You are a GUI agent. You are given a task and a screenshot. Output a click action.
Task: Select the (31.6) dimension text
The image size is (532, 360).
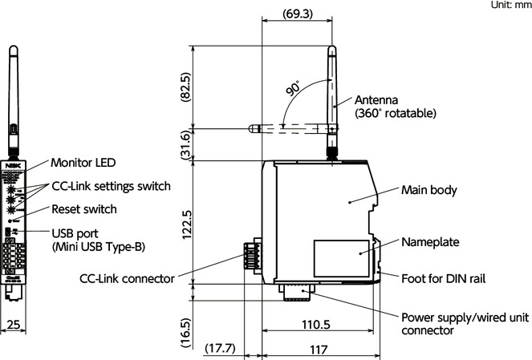pyautogui.click(x=185, y=144)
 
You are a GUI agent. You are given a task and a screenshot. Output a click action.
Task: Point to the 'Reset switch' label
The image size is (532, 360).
pyautogui.click(x=84, y=209)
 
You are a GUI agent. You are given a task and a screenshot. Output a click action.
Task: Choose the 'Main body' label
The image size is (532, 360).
pyautogui.click(x=428, y=190)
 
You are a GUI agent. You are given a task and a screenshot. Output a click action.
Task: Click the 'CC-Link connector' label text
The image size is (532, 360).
pyautogui.click(x=127, y=278)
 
